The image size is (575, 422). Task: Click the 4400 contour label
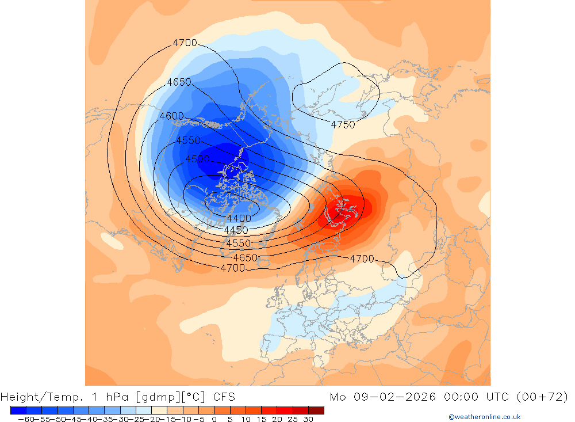click(x=239, y=218)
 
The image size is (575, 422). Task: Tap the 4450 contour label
click(x=236, y=230)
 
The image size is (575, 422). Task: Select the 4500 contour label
click(x=197, y=159)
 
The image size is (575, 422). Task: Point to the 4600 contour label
click(x=171, y=116)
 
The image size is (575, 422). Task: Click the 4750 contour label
click(x=343, y=124)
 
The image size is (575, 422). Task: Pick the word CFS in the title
click(x=224, y=397)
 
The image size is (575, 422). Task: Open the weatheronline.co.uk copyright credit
click(x=484, y=417)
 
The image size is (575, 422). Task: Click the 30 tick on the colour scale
click(x=308, y=419)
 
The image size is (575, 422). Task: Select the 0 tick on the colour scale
click(x=214, y=419)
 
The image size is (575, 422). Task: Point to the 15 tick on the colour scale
click(x=261, y=419)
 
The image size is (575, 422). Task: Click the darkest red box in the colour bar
click(x=316, y=410)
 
